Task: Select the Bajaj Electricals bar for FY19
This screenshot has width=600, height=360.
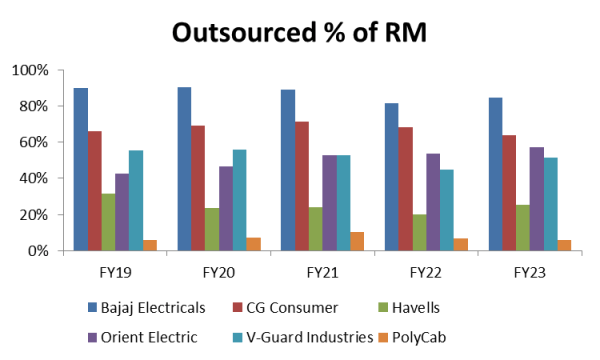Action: pos(81,170)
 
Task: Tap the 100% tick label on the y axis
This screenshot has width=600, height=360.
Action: pos(29,71)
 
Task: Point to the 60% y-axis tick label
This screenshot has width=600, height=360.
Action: pos(33,143)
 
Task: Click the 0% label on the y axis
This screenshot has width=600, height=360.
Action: pos(37,251)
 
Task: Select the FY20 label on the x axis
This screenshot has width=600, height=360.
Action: pos(220,270)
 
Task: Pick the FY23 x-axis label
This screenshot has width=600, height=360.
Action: pos(529,270)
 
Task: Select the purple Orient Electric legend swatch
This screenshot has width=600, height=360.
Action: pos(94,337)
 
